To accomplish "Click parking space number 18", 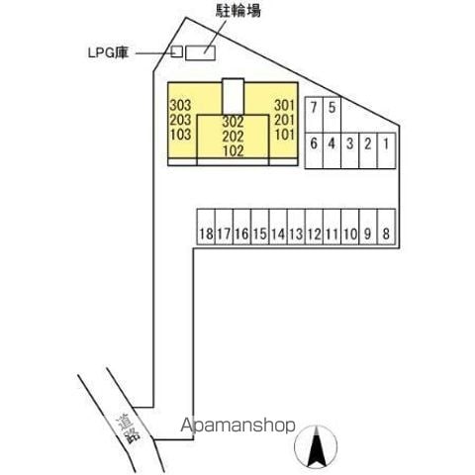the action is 206,227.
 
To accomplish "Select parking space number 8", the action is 386,227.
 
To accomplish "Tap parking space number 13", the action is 296,227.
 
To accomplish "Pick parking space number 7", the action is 314,115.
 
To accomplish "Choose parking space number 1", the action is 386,150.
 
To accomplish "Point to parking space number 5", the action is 332,115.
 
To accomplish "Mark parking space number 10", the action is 350,227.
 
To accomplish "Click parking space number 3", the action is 350,150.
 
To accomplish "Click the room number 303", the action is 180,106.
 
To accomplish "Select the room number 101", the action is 284,135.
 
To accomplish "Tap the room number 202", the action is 233,137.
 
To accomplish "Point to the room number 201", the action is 284,120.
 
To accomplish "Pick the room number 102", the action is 234,150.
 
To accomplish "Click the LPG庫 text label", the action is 108,52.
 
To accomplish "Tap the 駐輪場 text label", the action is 238,11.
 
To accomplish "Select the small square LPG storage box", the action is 177,51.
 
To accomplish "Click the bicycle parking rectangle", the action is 200,52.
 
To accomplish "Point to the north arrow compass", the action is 316,446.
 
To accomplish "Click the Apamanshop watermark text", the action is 237,426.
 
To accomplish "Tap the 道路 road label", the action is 128,429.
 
